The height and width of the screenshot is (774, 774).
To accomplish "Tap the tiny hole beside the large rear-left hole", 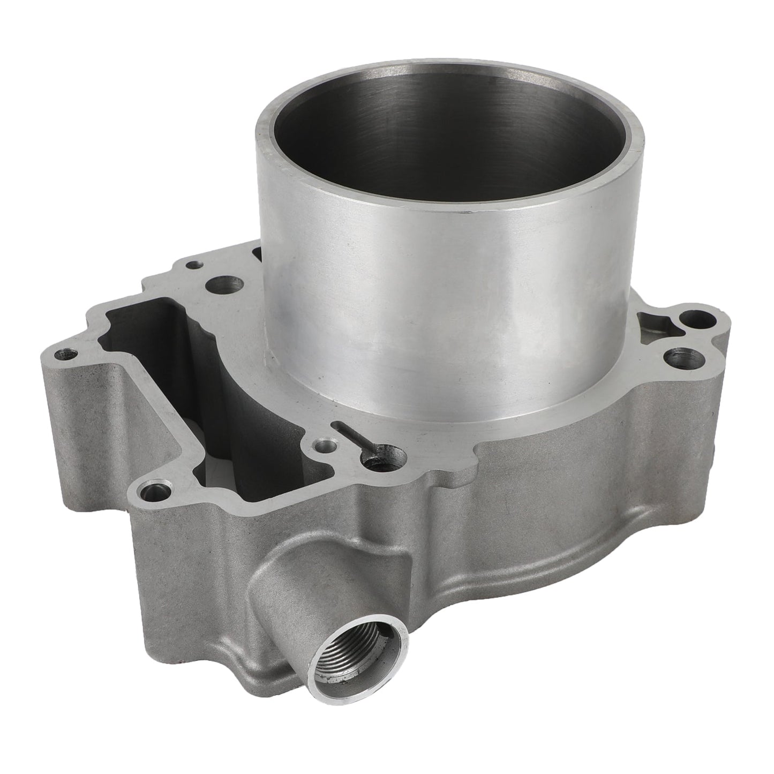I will (x=193, y=264).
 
